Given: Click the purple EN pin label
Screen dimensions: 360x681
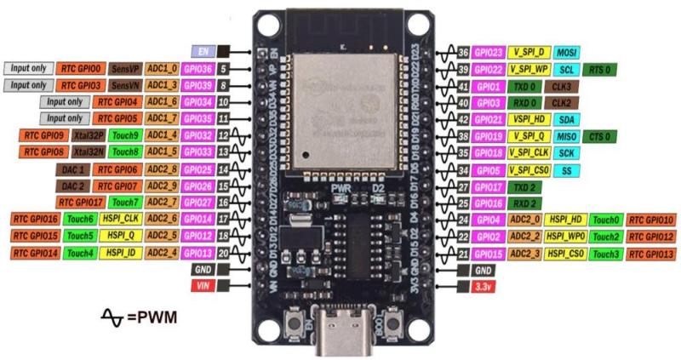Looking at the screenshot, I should pyautogui.click(x=203, y=51).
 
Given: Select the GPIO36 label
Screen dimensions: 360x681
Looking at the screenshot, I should pyautogui.click(x=197, y=68).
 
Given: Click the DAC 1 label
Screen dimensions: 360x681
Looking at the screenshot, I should pyautogui.click(x=71, y=169).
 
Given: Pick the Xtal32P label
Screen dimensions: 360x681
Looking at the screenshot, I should pyautogui.click(x=88, y=135).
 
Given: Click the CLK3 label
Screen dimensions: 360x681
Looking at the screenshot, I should pyautogui.click(x=561, y=86).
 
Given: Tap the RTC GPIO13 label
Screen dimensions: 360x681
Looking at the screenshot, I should pyautogui.click(x=651, y=254).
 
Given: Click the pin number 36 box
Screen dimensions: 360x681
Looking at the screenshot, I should pyautogui.click(x=463, y=52).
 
